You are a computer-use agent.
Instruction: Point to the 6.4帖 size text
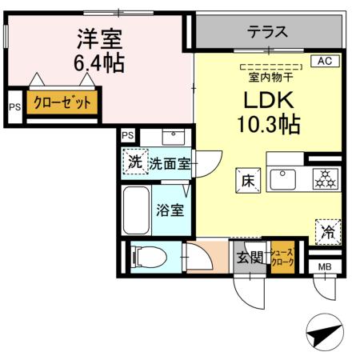pos(100,62)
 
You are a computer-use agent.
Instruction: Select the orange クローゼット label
pos(62,103)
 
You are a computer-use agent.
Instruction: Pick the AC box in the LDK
pos(326,61)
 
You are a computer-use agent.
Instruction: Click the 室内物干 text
pos(270,78)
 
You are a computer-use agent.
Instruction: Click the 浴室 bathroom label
pos(170,212)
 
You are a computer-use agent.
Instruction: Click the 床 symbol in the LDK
pos(246,181)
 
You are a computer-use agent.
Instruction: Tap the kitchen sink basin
pos(283,180)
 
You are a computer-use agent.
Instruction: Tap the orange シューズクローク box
pos(284,257)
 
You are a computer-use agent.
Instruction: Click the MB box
pos(326,266)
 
